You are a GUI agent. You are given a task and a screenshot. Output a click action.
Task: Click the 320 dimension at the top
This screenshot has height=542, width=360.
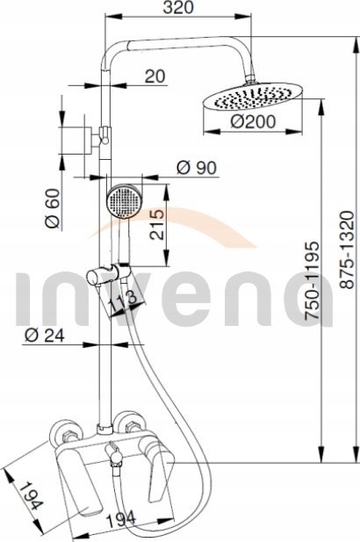[x=178, y=8]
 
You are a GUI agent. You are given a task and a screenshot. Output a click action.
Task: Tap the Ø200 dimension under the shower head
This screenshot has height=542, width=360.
[x=253, y=121]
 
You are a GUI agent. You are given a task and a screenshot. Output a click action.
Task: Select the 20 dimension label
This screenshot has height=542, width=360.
[x=155, y=76]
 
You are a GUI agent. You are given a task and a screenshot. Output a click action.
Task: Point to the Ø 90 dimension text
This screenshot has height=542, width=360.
[x=197, y=168]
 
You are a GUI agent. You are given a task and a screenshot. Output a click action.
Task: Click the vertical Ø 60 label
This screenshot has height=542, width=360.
[x=53, y=208]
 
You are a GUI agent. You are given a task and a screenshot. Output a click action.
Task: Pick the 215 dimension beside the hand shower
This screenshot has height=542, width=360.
[x=157, y=224]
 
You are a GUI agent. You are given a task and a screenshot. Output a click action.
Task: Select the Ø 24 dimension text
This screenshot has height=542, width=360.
[x=45, y=335]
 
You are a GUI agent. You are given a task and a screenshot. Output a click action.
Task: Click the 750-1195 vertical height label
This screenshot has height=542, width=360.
[x=312, y=280]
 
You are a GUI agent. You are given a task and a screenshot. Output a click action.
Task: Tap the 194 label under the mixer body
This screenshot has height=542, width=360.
[x=120, y=519]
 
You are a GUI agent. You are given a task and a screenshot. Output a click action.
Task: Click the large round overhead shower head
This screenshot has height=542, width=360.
[x=253, y=96]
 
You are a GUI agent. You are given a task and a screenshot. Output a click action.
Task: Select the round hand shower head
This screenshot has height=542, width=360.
[x=124, y=200]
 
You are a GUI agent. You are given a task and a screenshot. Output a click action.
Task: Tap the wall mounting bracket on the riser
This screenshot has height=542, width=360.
[x=97, y=135]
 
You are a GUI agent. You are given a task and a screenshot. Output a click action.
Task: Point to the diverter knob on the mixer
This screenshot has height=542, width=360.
[x=114, y=455]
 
